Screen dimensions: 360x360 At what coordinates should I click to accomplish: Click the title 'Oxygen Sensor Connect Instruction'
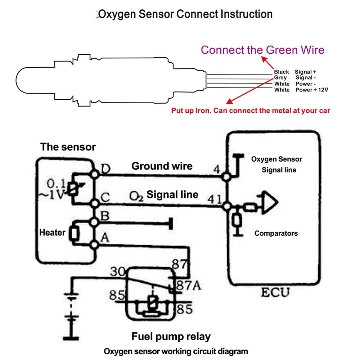click(185, 14)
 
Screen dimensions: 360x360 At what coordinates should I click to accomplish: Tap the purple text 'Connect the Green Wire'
click(262, 50)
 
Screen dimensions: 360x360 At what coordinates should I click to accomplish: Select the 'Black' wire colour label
click(281, 72)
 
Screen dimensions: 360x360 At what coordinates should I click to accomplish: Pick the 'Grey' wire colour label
click(280, 78)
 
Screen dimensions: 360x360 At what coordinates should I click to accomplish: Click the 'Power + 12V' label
click(312, 90)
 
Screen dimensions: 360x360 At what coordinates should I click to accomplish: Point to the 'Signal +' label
click(305, 72)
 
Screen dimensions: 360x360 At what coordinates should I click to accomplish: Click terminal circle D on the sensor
click(94, 174)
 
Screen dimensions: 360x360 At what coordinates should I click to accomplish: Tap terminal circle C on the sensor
click(94, 203)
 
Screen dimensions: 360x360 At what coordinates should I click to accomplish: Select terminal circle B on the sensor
click(94, 222)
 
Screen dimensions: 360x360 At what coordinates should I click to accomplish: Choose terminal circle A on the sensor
click(94, 245)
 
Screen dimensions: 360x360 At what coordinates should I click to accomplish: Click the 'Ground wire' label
click(162, 166)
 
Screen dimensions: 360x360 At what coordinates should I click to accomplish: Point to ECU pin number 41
click(215, 199)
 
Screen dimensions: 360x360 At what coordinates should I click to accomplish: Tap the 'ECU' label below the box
click(275, 292)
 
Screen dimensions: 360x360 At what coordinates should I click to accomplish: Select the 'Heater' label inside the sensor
click(52, 233)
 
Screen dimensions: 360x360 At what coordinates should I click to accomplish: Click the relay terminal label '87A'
click(189, 285)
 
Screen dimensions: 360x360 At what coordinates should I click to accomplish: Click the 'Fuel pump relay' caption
click(171, 337)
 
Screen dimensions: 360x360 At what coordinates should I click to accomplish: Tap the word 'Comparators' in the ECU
click(276, 234)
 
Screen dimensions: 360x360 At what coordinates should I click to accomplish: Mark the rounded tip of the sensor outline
click(16, 80)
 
